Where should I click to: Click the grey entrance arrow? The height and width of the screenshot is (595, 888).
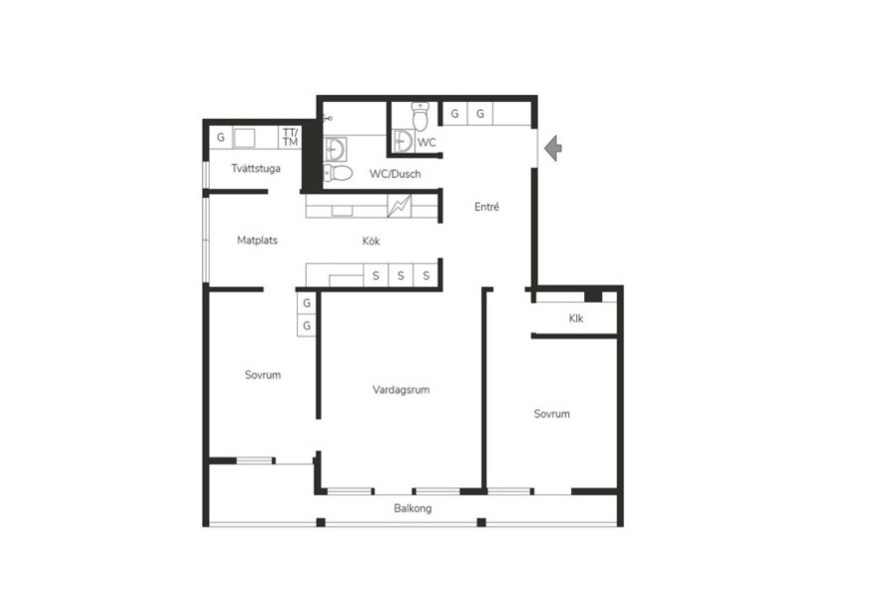(x=552, y=149)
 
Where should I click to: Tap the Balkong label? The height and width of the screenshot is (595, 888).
(x=413, y=509)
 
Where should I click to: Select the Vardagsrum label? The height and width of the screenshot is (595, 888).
(x=401, y=389)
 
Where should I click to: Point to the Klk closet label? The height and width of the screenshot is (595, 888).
(x=576, y=318)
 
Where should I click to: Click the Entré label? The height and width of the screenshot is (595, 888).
(x=486, y=207)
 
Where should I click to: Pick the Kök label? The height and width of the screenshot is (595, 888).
(x=371, y=242)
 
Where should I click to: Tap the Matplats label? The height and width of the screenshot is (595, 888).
(x=257, y=240)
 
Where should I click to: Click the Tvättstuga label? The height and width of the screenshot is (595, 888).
(x=256, y=168)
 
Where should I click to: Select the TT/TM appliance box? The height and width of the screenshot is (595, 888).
(x=290, y=138)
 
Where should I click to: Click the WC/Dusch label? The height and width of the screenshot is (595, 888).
(x=395, y=174)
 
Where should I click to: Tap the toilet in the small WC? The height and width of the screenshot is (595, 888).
(x=420, y=117)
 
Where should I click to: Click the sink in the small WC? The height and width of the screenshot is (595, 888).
(x=403, y=142)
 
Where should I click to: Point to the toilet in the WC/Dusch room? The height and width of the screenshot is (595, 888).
(x=339, y=172)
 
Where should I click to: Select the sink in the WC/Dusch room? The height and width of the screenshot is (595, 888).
(x=336, y=149)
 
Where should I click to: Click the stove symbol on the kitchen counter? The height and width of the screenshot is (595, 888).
(x=399, y=206)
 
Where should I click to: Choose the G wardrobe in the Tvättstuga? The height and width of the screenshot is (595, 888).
(x=221, y=138)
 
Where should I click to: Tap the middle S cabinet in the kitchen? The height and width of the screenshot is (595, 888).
(x=401, y=275)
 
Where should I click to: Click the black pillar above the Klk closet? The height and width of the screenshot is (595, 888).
(x=593, y=295)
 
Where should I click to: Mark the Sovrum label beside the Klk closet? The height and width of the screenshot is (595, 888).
(x=551, y=414)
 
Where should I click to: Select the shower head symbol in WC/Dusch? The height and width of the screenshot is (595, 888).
(x=328, y=119)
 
